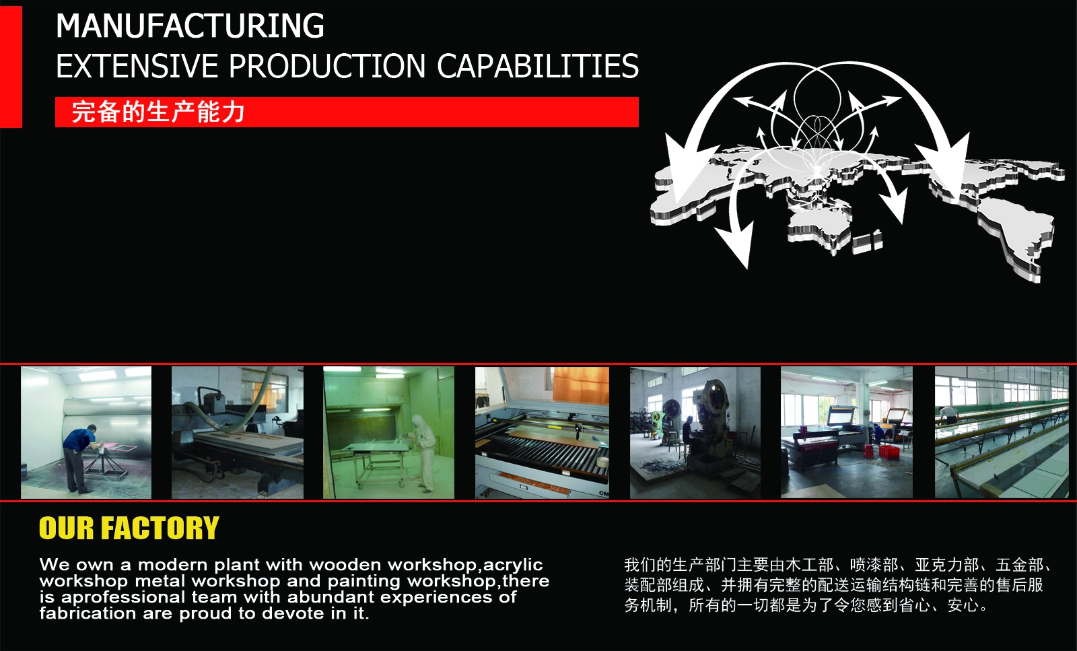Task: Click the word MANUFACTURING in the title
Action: [x=190, y=26]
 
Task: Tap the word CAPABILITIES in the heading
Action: [x=538, y=66]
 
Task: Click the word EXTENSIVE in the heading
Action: [x=137, y=66]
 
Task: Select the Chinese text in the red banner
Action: [x=158, y=112]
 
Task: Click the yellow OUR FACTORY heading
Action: [x=129, y=528]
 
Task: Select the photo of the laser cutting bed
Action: [x=542, y=432]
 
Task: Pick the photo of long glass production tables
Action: [x=1002, y=432]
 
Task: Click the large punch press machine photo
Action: [x=695, y=432]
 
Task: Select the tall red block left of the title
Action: [x=11, y=67]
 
